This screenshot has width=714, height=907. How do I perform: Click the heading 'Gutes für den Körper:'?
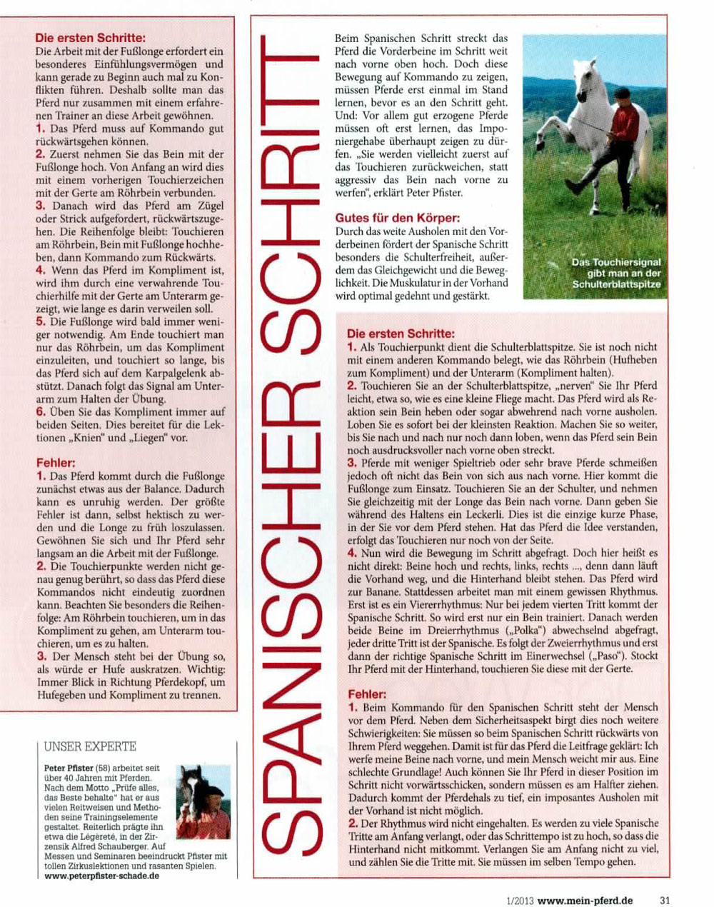click(x=398, y=218)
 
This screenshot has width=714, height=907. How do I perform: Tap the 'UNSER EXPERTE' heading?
click(x=90, y=747)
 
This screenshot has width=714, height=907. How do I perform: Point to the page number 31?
click(x=665, y=901)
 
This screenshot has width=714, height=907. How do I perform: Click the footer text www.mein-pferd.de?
click(x=585, y=901)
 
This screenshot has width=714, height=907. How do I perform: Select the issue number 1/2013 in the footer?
click(x=518, y=901)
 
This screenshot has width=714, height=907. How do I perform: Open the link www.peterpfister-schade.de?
click(x=97, y=876)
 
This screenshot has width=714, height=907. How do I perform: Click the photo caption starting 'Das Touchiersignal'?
click(x=616, y=274)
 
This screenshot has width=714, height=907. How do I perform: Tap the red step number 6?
click(x=41, y=411)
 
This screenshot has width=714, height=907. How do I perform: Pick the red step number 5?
click(x=41, y=321)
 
